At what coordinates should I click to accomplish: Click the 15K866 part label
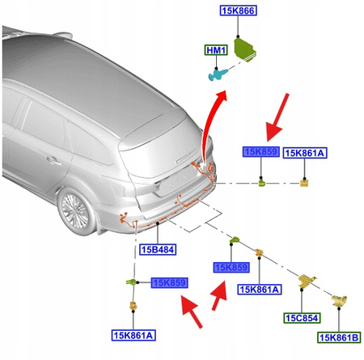(x=239, y=11)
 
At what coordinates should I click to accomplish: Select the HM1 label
(x=216, y=50)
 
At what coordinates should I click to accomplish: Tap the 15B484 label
(x=158, y=249)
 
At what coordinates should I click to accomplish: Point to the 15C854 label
(x=302, y=318)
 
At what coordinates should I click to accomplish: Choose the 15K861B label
(x=339, y=337)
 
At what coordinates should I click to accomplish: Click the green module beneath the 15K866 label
(x=245, y=50)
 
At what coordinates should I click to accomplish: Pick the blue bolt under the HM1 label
(x=218, y=74)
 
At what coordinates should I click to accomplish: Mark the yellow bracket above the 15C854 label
(x=307, y=281)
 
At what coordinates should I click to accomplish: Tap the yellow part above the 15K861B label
(x=339, y=301)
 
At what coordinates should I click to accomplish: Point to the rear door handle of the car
(x=54, y=161)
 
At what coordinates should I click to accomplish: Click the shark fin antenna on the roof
(x=63, y=35)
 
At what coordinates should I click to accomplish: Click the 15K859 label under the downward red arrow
(x=261, y=152)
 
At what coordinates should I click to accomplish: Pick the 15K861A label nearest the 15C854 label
(x=260, y=290)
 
